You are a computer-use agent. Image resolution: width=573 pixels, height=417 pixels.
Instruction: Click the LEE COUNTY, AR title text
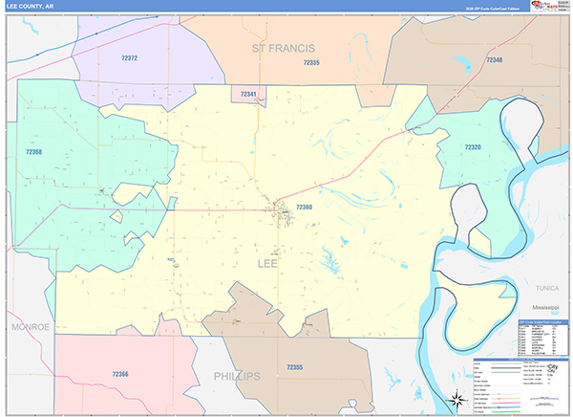tap(32, 6)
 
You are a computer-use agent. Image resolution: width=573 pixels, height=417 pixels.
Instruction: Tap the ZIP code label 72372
tap(130, 58)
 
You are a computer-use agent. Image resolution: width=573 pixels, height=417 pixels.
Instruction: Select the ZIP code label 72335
tap(310, 62)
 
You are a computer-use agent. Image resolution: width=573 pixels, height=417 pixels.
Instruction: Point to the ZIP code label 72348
tap(494, 60)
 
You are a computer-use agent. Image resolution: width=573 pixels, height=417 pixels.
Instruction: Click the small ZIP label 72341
tap(249, 94)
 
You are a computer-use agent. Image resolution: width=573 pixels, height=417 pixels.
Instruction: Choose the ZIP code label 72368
tap(33, 152)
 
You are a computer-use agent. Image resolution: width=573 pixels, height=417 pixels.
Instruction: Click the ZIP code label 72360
tap(304, 207)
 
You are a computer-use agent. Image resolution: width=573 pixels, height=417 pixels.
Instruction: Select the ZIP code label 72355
tap(294, 366)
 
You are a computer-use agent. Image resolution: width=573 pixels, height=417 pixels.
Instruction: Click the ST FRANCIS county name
tap(284, 47)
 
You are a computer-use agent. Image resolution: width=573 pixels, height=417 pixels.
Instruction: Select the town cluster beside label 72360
tap(282, 208)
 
